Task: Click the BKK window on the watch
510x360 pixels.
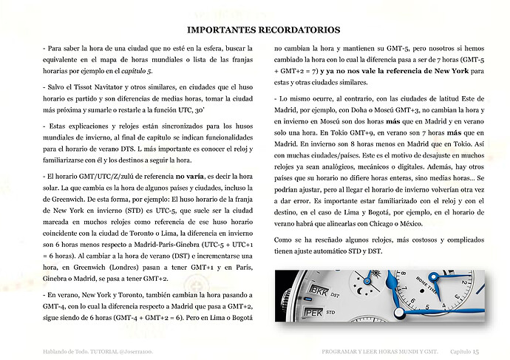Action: pyautogui.click(x=320, y=289)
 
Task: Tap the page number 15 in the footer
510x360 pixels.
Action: pyautogui.click(x=476, y=351)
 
